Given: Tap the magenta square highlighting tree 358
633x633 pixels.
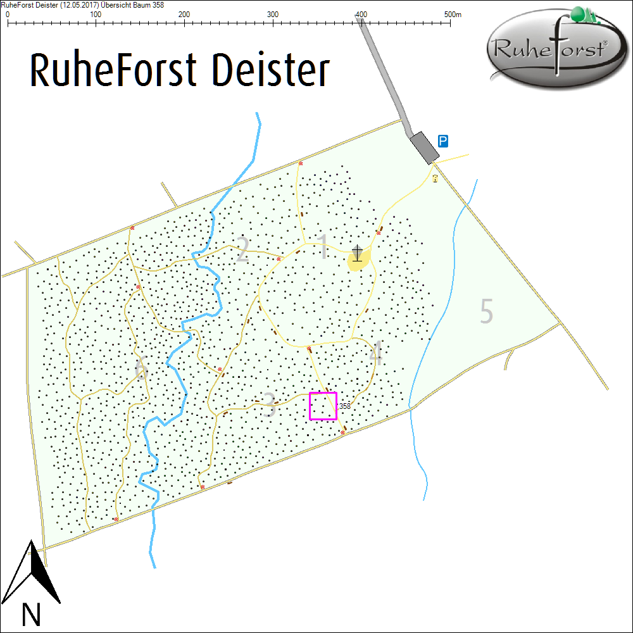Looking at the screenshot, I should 323,406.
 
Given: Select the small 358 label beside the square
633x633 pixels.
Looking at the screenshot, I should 345,406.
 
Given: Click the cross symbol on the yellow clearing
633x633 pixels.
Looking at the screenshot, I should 358,253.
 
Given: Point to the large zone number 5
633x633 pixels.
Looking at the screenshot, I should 486,311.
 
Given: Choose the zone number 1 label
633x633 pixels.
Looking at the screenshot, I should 323,248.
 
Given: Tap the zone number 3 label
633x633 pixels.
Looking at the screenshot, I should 270,405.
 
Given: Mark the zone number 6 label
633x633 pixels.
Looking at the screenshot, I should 142,369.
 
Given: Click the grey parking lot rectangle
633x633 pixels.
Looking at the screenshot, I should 424,147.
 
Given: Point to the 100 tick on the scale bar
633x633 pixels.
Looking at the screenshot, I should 96,23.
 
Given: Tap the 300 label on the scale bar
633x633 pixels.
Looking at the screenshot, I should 273,14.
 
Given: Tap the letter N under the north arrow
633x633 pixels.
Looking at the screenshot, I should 31,615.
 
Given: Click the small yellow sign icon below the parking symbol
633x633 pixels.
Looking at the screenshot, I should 435,179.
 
